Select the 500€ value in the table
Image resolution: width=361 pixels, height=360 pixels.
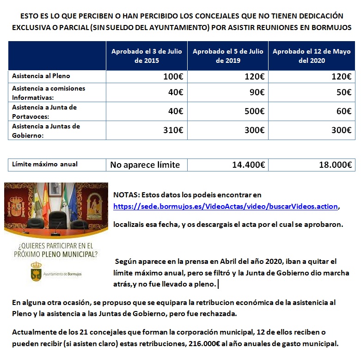pyautogui.click(x=254, y=111)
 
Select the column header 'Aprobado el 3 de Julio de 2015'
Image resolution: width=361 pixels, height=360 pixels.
pyautogui.click(x=147, y=56)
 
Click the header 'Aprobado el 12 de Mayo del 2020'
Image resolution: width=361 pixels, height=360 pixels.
pyautogui.click(x=312, y=56)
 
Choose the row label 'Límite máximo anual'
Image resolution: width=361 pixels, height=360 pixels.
pyautogui.click(x=45, y=164)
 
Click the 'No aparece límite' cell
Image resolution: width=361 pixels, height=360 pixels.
pyautogui.click(x=145, y=165)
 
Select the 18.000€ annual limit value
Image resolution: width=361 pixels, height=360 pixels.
pyautogui.click(x=335, y=165)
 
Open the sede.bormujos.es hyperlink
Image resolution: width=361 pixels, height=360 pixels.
pyautogui.click(x=226, y=207)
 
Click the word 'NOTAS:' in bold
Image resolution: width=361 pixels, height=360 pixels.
pyautogui.click(x=125, y=195)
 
